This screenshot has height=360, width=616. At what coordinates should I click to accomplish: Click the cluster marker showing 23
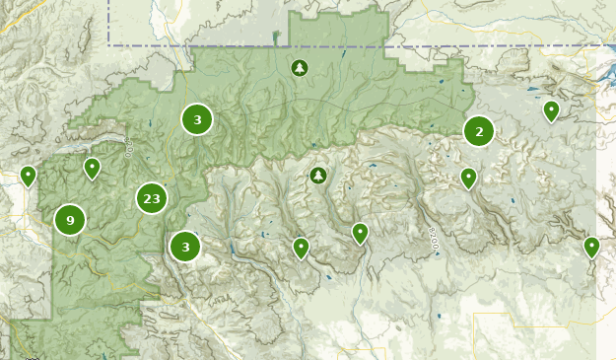(x=151, y=198)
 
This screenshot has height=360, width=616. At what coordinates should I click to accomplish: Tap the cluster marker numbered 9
(x=70, y=219)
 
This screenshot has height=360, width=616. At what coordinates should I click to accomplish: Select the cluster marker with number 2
(x=479, y=130)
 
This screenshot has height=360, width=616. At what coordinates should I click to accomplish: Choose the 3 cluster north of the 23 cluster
(x=197, y=119)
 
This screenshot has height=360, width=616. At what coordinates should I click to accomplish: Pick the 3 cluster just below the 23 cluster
(x=185, y=246)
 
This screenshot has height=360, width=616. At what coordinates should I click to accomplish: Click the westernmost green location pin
(x=29, y=177)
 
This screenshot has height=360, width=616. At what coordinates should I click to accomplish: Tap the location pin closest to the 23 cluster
(x=92, y=169)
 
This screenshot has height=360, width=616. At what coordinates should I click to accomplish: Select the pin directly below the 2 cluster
(x=469, y=179)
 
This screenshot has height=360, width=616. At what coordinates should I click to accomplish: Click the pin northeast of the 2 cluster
(x=552, y=111)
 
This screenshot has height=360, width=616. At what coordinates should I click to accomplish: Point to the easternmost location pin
(x=591, y=247)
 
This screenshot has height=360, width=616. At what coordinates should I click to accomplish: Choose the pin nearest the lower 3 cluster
(x=301, y=248)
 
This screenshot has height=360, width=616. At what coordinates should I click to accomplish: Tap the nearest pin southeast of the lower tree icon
(x=361, y=234)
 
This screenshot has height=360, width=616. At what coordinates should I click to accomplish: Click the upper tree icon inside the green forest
(x=300, y=68)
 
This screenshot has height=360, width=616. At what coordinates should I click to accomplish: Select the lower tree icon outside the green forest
(x=317, y=176)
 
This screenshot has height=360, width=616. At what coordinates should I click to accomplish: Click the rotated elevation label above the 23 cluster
(x=129, y=148)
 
